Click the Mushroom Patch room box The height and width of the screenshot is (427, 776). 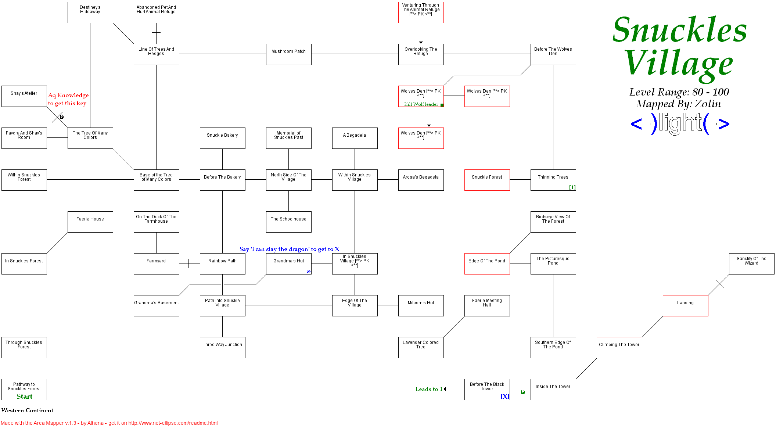(x=288, y=54)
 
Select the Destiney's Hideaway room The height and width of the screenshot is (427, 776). (x=90, y=12)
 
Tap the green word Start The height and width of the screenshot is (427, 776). (x=24, y=396)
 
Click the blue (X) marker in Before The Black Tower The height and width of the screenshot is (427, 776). (x=505, y=396)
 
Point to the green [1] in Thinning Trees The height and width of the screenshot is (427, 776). (x=572, y=187)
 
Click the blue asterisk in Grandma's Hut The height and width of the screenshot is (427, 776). (x=309, y=272)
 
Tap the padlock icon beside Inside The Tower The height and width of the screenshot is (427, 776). (x=523, y=392)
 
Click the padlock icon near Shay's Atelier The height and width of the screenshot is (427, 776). (x=62, y=117)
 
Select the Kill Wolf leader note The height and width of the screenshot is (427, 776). (x=421, y=104)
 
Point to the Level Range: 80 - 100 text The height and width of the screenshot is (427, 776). (x=679, y=92)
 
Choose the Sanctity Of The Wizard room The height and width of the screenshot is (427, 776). (x=751, y=263)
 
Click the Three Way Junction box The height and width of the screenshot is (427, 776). (x=222, y=347)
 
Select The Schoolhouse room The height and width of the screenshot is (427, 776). (x=288, y=222)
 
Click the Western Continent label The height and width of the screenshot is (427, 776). (x=27, y=410)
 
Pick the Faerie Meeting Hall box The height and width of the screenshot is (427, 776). (x=487, y=305)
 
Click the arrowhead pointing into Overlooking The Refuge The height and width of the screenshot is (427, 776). (x=421, y=42)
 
